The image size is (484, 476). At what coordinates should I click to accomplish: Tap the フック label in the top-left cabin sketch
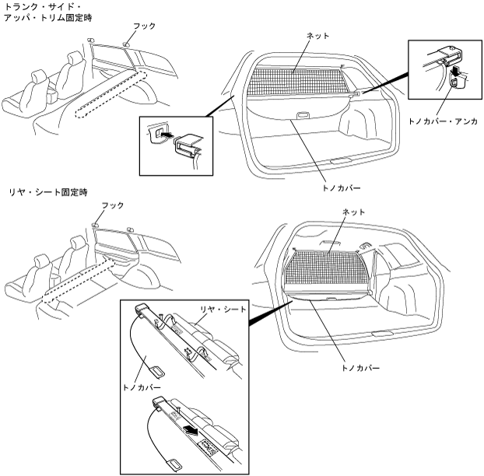pyautogui.click(x=146, y=26)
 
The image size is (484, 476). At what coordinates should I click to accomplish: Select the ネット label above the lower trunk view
pyautogui.click(x=352, y=212)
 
